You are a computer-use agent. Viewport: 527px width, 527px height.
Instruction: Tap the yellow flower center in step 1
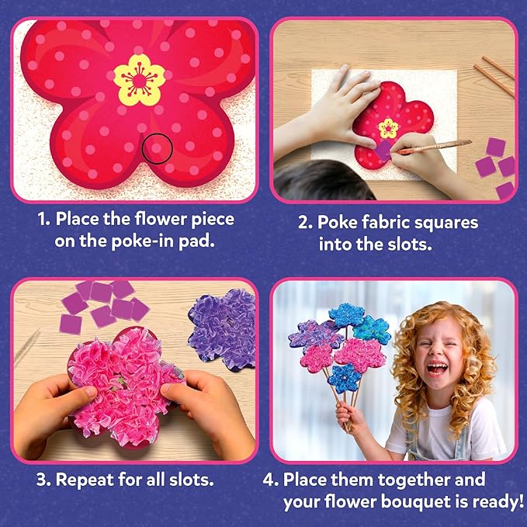pyautogui.click(x=139, y=79)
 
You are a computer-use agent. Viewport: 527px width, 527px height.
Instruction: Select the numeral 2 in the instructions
pyautogui.click(x=304, y=223)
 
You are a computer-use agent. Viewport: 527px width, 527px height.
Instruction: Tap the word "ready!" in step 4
pyautogui.click(x=494, y=502)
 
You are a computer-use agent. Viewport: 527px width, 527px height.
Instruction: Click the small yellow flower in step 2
pyautogui.click(x=387, y=127)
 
